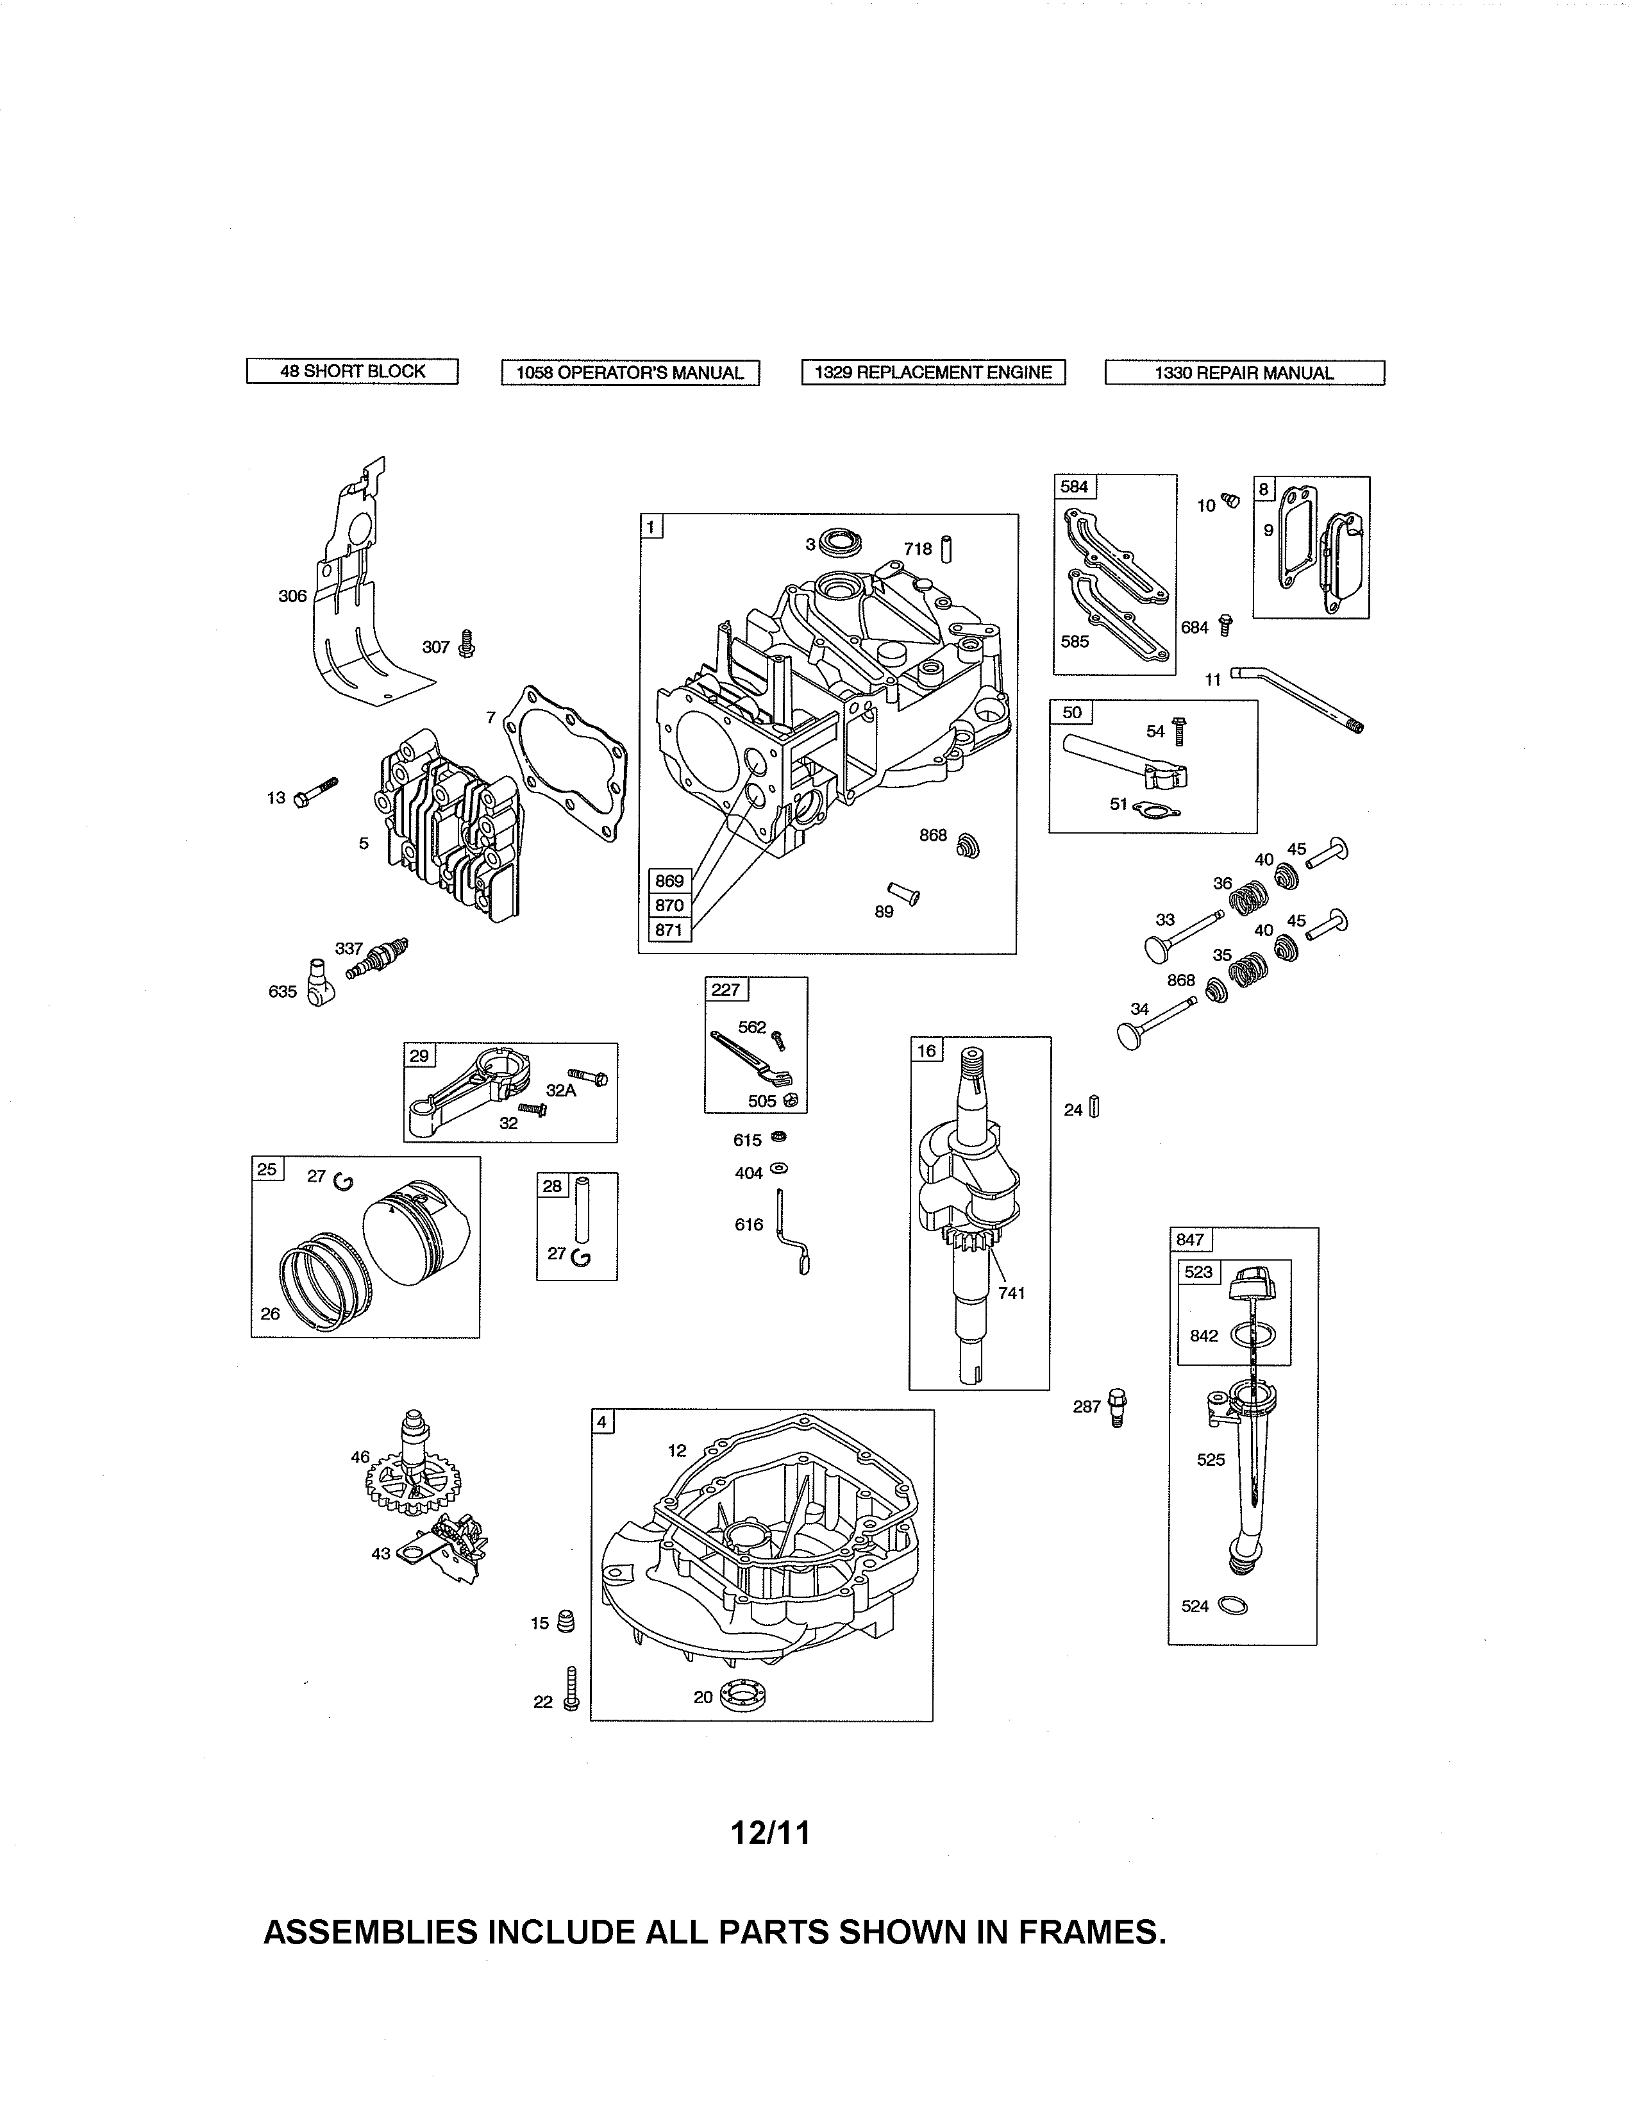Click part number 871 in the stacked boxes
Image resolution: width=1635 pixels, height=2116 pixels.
[669, 930]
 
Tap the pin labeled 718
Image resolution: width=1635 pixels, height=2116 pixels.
[946, 550]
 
